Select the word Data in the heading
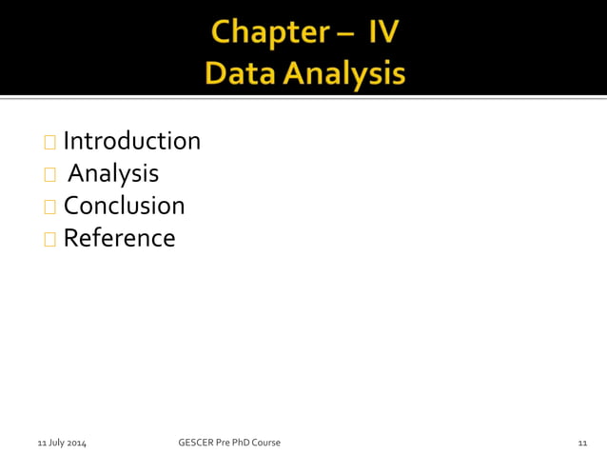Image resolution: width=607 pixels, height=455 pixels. click(239, 73)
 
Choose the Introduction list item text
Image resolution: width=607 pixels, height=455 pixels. click(132, 141)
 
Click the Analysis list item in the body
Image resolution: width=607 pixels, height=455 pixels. click(114, 173)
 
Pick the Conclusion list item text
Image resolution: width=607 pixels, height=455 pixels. click(124, 205)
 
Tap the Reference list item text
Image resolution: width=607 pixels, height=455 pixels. click(119, 237)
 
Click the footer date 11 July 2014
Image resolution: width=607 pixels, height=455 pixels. click(62, 443)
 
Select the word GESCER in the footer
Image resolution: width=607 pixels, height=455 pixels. click(197, 442)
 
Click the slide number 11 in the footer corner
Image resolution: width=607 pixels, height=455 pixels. click(582, 443)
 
